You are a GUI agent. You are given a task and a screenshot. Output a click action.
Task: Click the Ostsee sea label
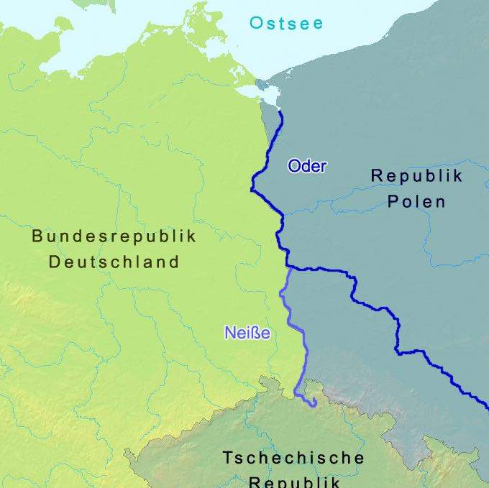286,23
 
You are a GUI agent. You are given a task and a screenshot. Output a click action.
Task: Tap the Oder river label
307,166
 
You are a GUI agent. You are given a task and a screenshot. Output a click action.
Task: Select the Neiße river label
247,333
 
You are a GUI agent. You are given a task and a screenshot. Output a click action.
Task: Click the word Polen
416,201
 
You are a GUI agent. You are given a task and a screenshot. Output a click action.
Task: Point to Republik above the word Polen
416,175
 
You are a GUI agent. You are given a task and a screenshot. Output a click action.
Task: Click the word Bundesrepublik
114,236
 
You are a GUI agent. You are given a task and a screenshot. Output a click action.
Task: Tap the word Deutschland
114,262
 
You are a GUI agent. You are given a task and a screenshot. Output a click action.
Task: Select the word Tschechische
293,458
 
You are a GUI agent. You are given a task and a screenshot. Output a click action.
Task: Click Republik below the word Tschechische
293,480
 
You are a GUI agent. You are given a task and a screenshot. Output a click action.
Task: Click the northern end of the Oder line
280,112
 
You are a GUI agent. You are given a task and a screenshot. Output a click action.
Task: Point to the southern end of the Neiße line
314,406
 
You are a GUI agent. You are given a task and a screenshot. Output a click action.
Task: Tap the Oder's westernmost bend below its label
252,188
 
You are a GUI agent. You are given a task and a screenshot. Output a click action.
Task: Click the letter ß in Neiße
257,333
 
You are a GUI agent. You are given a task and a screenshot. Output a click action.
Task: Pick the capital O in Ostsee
256,23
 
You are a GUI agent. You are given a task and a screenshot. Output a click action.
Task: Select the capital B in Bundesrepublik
37,236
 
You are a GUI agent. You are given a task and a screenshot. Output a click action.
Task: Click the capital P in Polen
393,201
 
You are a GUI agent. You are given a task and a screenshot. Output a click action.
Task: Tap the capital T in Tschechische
227,458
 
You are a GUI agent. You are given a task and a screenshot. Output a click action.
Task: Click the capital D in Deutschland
55,262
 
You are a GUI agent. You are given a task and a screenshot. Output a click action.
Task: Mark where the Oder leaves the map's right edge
487,405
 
